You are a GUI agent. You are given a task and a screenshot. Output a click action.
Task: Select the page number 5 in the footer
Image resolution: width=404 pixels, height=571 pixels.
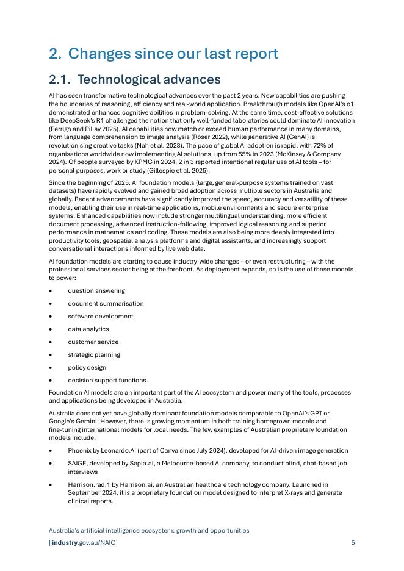pyautogui.click(x=353, y=542)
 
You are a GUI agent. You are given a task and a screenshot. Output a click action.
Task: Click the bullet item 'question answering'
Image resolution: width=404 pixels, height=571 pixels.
pyautogui.click(x=96, y=291)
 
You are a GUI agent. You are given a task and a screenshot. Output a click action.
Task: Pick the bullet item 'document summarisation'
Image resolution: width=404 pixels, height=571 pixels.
pyautogui.click(x=106, y=304)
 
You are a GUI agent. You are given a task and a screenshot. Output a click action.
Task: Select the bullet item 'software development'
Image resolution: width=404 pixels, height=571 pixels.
pyautogui.click(x=100, y=317)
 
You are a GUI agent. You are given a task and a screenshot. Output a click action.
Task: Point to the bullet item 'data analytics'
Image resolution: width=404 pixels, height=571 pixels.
pyautogui.click(x=88, y=329)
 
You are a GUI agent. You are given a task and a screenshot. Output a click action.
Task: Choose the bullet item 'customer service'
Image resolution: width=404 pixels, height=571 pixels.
pyautogui.click(x=93, y=342)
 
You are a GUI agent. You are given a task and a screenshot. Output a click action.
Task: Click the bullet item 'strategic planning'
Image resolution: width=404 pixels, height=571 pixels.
pyautogui.click(x=94, y=355)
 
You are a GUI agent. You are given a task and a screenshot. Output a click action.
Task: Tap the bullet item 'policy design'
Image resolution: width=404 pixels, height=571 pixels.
pyautogui.click(x=87, y=368)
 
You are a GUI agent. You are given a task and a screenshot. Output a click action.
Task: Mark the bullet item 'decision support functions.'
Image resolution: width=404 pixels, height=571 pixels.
pyautogui.click(x=107, y=381)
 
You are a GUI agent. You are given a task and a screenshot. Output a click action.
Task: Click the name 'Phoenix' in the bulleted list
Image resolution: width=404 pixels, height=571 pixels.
pyautogui.click(x=79, y=451)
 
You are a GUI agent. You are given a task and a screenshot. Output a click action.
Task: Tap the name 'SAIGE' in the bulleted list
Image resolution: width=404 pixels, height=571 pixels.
pyautogui.click(x=78, y=464)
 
